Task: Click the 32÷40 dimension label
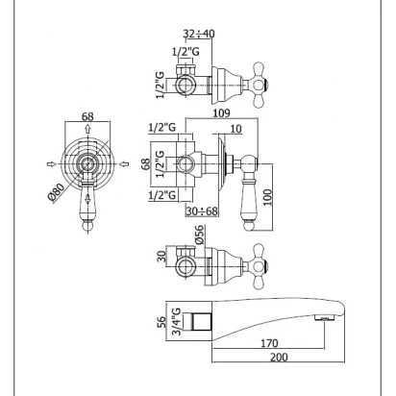(199, 34)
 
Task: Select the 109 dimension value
(222, 112)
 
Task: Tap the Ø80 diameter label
(57, 192)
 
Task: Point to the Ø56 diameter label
(199, 235)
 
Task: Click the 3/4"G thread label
(176, 321)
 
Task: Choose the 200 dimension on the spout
(279, 357)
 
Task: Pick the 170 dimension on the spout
(269, 343)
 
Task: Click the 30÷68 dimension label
(202, 211)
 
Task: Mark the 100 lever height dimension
(268, 197)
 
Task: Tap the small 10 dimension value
(235, 129)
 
